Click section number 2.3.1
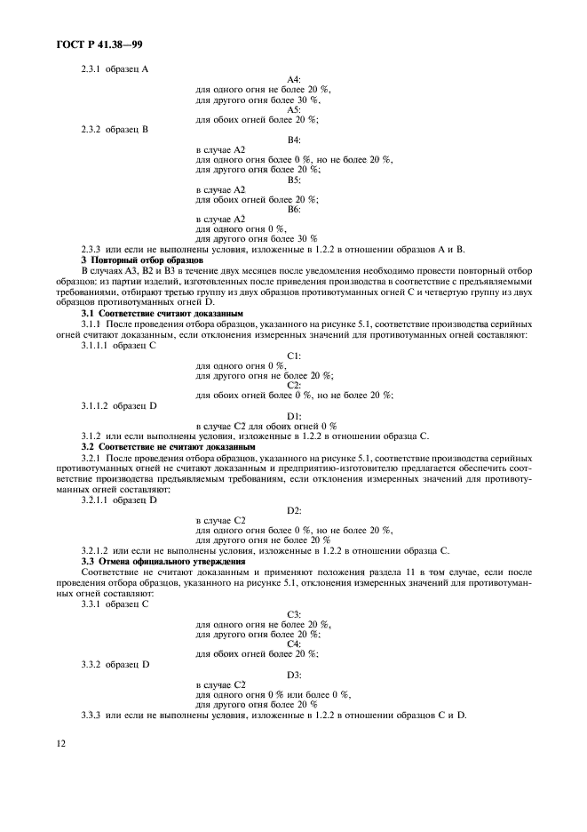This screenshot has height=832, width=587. point(92,68)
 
